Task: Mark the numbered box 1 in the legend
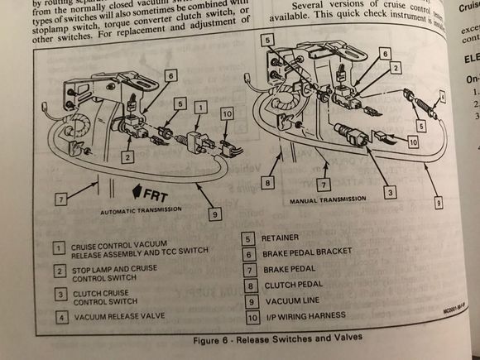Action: pos(59,247)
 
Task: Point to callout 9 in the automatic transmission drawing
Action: pos(213,214)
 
